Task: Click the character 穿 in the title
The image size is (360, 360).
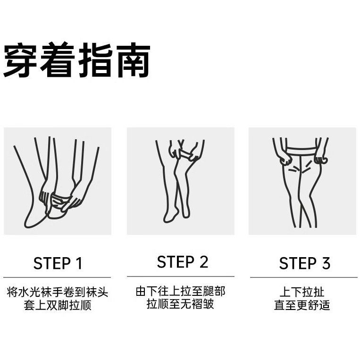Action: pyautogui.click(x=20, y=60)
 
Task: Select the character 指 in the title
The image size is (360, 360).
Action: pyautogui.click(x=95, y=60)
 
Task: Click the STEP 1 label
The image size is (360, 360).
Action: pyautogui.click(x=58, y=263)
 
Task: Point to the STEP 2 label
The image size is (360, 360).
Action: pyautogui.click(x=183, y=262)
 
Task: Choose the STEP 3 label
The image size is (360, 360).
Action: pyautogui.click(x=305, y=263)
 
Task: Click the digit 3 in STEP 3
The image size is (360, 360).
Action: pyautogui.click(x=326, y=263)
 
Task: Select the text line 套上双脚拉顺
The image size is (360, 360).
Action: pyautogui.click(x=58, y=305)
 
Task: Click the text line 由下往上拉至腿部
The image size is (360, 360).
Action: pyautogui.click(x=180, y=292)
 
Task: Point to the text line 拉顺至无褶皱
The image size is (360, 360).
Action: pyautogui.click(x=180, y=304)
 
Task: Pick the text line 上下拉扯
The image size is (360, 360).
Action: pyautogui.click(x=302, y=292)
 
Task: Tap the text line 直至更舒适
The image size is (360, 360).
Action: pyautogui.click(x=302, y=305)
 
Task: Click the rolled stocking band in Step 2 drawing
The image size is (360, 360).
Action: pyautogui.click(x=185, y=154)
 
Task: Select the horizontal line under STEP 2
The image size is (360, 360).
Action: pyautogui.click(x=180, y=276)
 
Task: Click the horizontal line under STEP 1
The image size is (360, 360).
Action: pyautogui.click(x=57, y=277)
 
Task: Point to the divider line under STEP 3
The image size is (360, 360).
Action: pyautogui.click(x=304, y=277)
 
